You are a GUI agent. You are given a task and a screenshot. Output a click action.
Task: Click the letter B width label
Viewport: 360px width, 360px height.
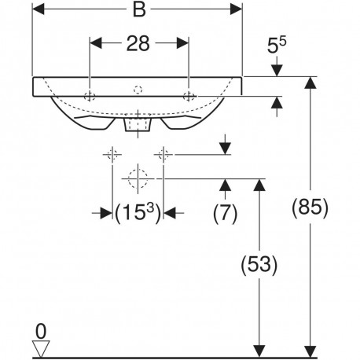tap(139, 10)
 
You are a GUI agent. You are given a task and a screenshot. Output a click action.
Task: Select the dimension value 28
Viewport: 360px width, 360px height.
tap(138, 43)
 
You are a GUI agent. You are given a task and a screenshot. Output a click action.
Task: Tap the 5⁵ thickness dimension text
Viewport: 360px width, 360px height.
tap(277, 45)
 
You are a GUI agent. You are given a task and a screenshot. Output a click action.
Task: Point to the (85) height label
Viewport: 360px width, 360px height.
tap(310, 208)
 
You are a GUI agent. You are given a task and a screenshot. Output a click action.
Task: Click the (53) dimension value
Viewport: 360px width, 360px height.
tap(259, 265)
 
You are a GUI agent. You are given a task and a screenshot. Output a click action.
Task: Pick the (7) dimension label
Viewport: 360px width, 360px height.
tap(225, 214)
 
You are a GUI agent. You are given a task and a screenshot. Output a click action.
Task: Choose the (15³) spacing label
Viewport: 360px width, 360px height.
tap(138, 214)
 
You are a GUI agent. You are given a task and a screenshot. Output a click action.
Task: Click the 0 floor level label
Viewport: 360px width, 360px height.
tap(41, 332)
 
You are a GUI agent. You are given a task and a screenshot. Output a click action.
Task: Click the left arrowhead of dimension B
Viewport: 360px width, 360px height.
tap(38, 9)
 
